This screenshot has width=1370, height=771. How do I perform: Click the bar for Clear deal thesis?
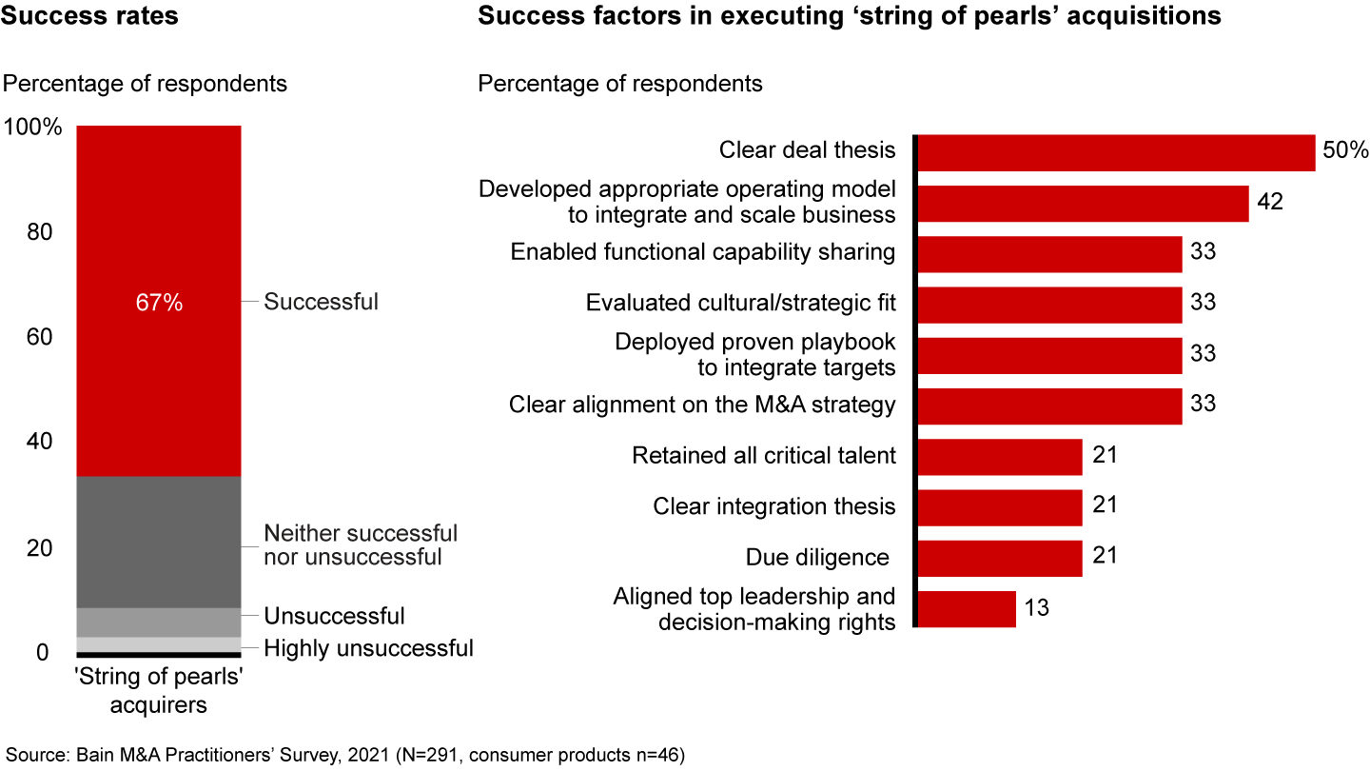(x=1115, y=152)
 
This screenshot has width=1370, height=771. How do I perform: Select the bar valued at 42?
(x=1082, y=203)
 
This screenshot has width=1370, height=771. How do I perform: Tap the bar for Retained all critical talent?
(x=999, y=457)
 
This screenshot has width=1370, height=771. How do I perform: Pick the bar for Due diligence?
(x=999, y=558)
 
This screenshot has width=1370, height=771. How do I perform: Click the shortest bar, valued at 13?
(x=966, y=609)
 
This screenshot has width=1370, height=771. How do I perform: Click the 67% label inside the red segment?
(x=158, y=303)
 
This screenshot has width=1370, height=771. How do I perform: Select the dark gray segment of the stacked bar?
(x=158, y=542)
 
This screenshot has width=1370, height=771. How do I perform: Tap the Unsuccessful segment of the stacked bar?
(x=158, y=622)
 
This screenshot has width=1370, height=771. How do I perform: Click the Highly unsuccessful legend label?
(x=368, y=649)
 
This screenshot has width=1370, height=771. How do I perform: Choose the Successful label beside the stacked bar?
(x=321, y=302)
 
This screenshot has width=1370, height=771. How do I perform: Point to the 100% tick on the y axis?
(x=33, y=127)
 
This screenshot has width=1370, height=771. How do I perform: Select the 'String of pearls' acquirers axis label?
(x=158, y=692)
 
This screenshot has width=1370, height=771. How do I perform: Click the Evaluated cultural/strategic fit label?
(x=740, y=303)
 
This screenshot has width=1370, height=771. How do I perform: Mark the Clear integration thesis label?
(x=773, y=506)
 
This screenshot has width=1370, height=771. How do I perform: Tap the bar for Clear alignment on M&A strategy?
(x=1048, y=405)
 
